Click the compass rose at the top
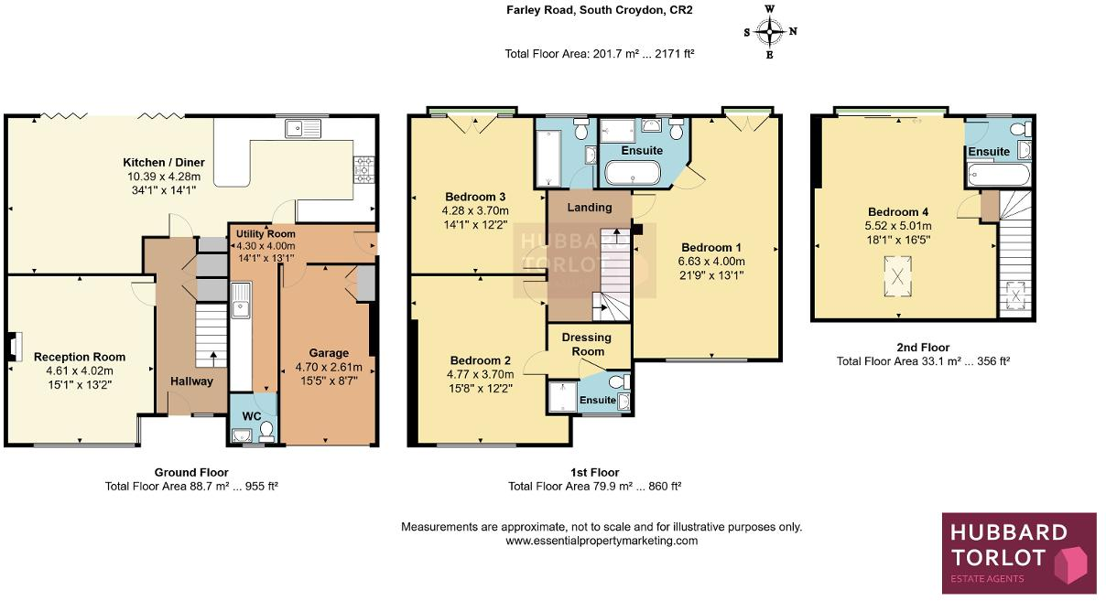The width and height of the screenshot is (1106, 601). coord(770,31)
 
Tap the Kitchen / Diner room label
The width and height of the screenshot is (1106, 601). coord(166,162)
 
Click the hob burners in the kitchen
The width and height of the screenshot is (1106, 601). coord(363,166)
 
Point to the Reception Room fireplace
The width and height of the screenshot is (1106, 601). coord(11,347)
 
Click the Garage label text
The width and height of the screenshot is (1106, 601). coord(328,353)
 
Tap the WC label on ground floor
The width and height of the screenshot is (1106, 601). coord(251,416)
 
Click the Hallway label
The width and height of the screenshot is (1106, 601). coord(191,381)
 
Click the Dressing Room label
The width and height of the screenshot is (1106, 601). coord(588,345)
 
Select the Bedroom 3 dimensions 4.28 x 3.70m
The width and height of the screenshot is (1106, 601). coord(475,210)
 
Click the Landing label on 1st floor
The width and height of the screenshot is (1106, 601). coord(589,207)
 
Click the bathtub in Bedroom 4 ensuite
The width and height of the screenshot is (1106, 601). coord(998,174)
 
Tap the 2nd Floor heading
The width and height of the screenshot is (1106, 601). coord(923,348)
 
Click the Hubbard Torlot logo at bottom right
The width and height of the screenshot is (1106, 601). coord(1018,549)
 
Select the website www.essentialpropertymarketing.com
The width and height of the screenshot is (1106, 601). coord(602,541)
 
